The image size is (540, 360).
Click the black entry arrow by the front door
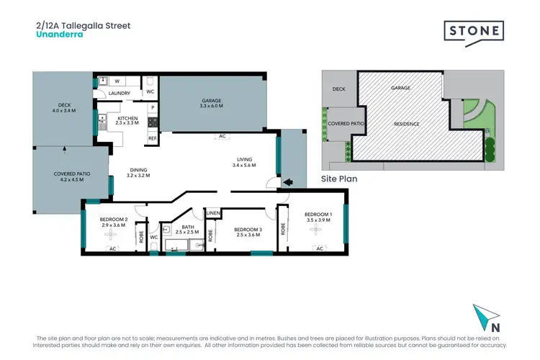[x=288, y=182]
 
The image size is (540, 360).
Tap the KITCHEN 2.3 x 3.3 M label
[x=127, y=120]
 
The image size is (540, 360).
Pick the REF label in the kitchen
[x=152, y=138]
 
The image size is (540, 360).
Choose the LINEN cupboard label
[x=212, y=213]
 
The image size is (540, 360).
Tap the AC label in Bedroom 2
[x=112, y=249]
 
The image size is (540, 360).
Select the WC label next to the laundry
[x=150, y=92]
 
